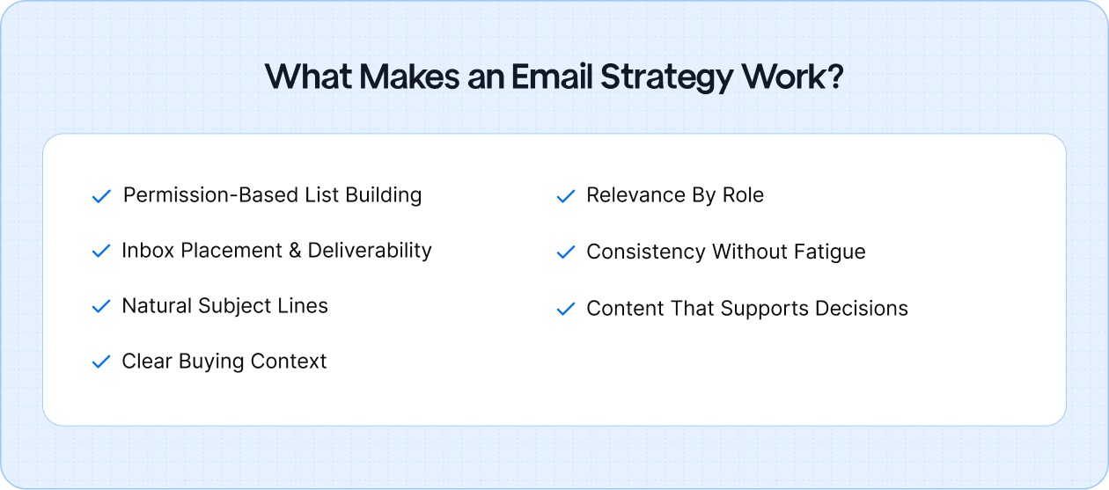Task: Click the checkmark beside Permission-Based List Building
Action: [101, 196]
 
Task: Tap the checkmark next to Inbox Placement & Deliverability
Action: [101, 252]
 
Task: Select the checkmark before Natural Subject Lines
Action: [101, 307]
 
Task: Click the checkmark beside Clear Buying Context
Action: [101, 362]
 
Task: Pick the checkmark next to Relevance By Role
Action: [565, 196]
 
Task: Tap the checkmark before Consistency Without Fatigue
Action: [565, 252]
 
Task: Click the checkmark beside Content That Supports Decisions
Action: [565, 310]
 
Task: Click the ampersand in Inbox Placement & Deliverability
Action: [297, 251]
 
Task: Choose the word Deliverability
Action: [370, 251]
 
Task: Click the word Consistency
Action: [646, 252]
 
